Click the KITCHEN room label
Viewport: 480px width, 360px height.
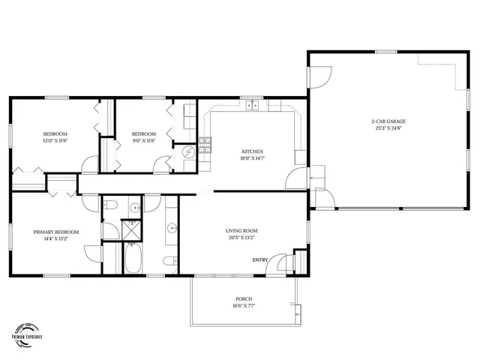(x=251, y=151)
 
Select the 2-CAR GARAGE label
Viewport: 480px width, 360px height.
(x=387, y=121)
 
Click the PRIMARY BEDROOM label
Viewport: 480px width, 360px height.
(x=56, y=232)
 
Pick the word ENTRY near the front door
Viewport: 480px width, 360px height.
(x=260, y=260)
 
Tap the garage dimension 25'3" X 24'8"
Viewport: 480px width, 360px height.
(x=387, y=128)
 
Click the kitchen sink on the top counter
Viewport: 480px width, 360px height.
(x=253, y=106)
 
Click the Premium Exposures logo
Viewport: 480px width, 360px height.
(x=28, y=331)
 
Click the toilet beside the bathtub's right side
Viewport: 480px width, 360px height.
(x=170, y=261)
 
